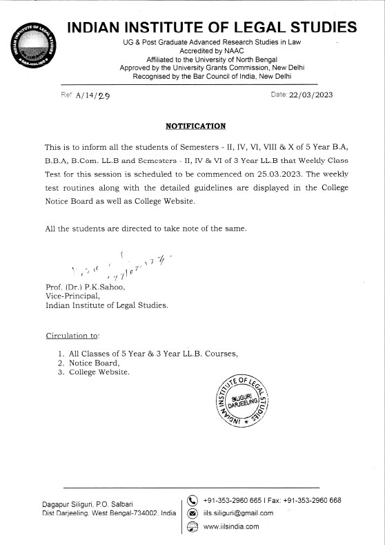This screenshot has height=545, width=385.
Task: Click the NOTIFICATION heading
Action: pyautogui.click(x=196, y=126)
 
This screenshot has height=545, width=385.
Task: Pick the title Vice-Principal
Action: pyautogui.click(x=71, y=296)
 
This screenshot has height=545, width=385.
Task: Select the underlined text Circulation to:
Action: pyautogui.click(x=72, y=336)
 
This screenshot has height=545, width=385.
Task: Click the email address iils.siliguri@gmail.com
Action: pyautogui.click(x=239, y=513)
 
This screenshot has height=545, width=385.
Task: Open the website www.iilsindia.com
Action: pyautogui.click(x=231, y=526)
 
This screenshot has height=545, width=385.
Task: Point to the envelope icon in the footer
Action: pyautogui.click(x=192, y=513)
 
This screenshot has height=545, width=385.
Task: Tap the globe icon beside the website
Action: pyautogui.click(x=192, y=526)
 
